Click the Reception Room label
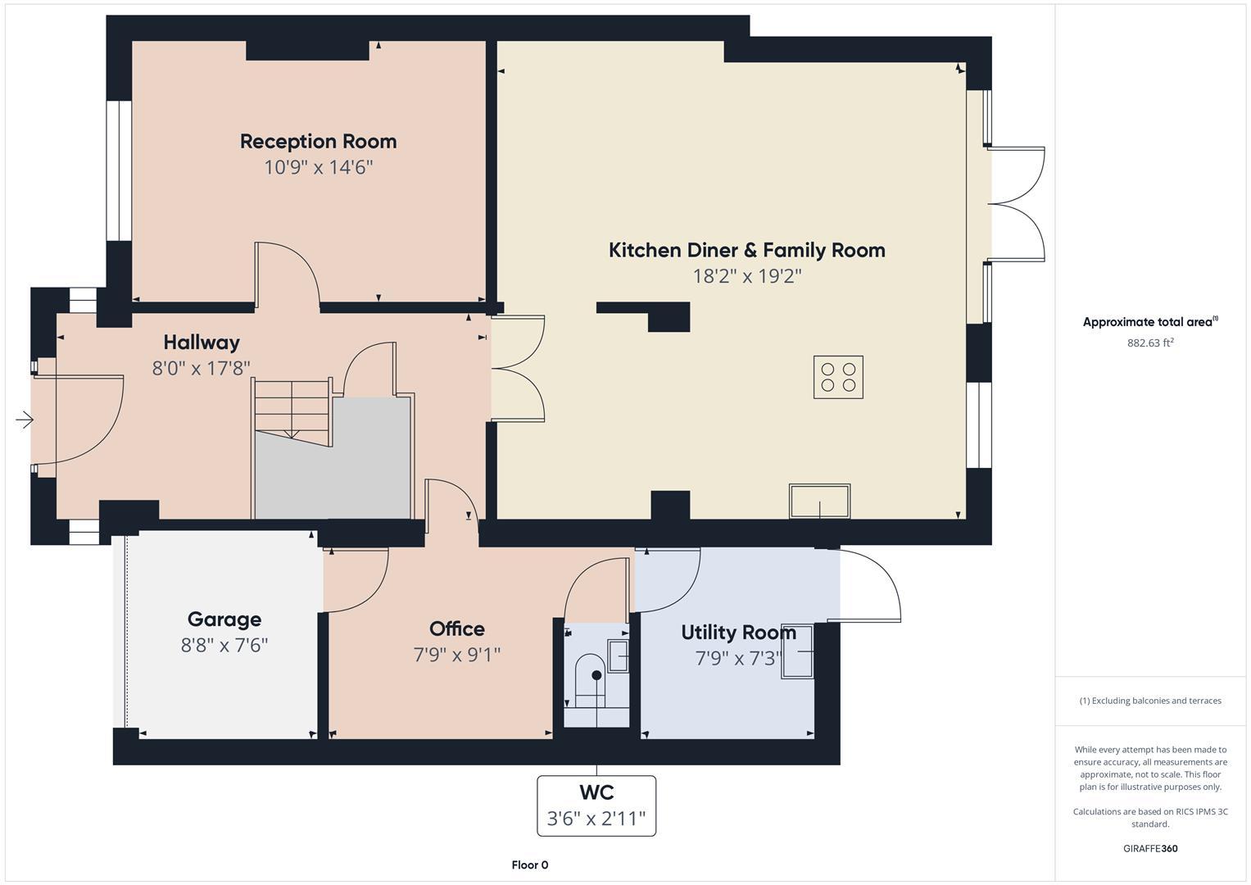(x=318, y=142)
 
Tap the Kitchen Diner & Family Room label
(x=746, y=251)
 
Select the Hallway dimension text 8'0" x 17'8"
(x=201, y=369)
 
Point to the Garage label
(x=224, y=619)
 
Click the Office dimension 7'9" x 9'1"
(x=456, y=655)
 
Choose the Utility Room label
(x=738, y=633)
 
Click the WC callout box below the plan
(x=596, y=806)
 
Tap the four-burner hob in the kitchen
(x=838, y=377)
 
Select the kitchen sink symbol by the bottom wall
(x=819, y=501)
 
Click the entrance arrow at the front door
(x=25, y=420)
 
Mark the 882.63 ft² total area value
(x=1149, y=343)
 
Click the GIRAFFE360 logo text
(x=1149, y=848)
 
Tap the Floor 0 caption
(x=529, y=865)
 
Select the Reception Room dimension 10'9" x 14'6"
(x=318, y=168)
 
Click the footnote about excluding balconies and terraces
(x=1149, y=701)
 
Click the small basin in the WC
(x=618, y=656)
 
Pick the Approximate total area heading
(x=1149, y=322)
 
